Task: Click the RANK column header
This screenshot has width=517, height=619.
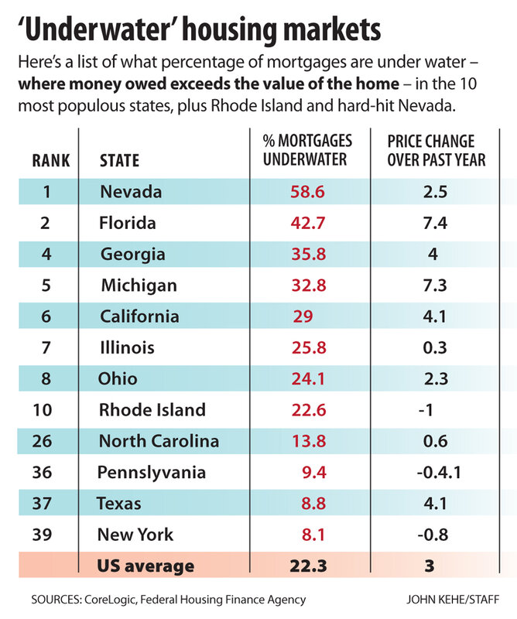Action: tap(50, 161)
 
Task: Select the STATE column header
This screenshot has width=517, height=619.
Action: tap(120, 161)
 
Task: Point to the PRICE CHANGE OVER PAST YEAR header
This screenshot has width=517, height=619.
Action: tap(437, 150)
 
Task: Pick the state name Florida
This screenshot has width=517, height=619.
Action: tap(128, 223)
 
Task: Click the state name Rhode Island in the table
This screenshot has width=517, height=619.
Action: tap(152, 410)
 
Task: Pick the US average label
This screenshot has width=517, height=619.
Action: tap(146, 566)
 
